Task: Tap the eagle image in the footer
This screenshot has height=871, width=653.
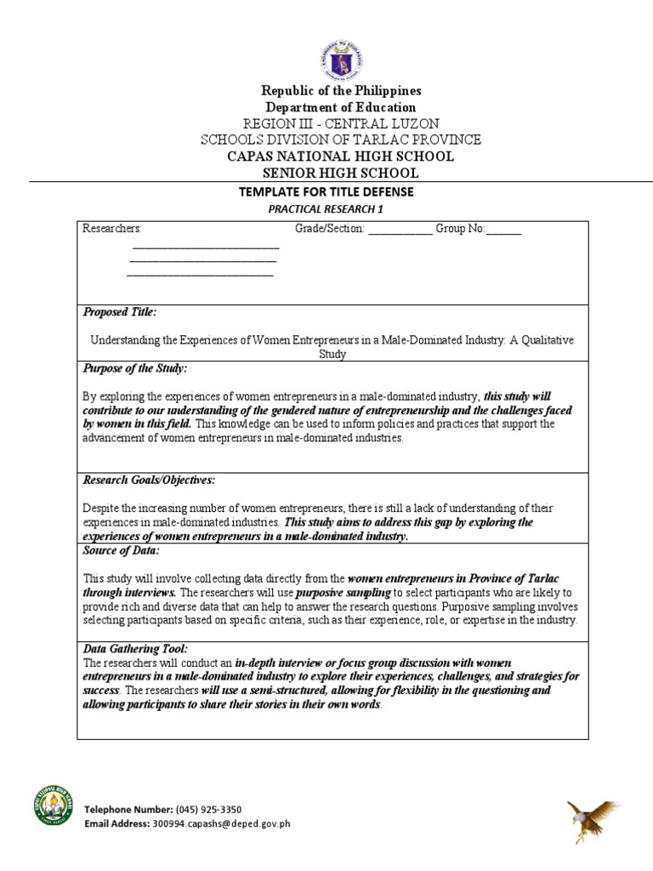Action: click(592, 819)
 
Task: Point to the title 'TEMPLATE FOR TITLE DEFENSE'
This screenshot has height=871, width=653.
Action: click(327, 192)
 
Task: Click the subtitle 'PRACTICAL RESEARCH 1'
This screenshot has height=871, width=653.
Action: click(327, 209)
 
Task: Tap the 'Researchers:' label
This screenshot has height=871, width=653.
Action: click(112, 229)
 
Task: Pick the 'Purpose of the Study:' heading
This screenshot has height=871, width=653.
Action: click(134, 368)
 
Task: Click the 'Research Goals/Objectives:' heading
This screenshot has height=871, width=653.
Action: click(149, 481)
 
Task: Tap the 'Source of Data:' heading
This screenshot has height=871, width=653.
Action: click(121, 551)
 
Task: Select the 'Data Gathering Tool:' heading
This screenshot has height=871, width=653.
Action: click(135, 649)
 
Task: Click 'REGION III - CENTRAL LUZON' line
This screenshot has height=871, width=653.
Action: click(327, 124)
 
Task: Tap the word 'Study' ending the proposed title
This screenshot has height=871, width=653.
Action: click(332, 354)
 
